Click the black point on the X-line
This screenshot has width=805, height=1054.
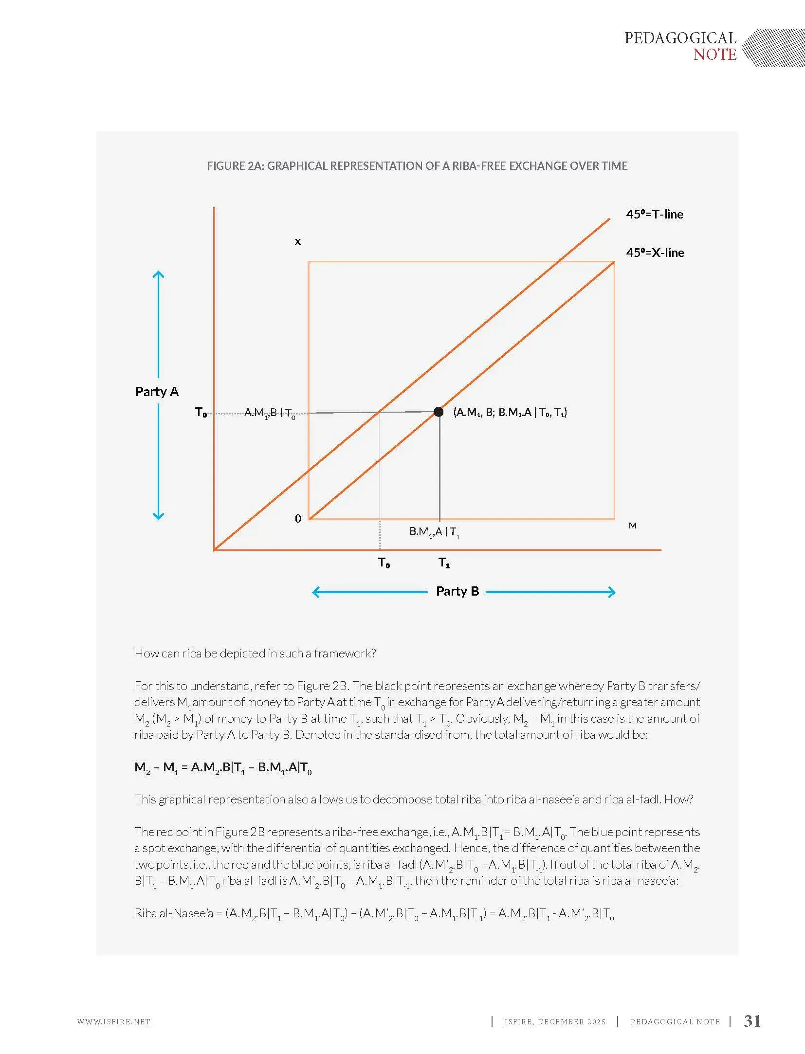pyautogui.click(x=438, y=412)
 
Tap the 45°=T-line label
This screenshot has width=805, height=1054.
pyautogui.click(x=654, y=214)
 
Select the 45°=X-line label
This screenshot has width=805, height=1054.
pyautogui.click(x=655, y=253)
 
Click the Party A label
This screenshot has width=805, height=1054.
pyautogui.click(x=157, y=392)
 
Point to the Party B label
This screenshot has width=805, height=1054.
pyautogui.click(x=457, y=591)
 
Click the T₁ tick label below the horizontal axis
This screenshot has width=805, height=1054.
pyautogui.click(x=444, y=563)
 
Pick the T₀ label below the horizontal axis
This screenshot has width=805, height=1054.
pyautogui.click(x=384, y=563)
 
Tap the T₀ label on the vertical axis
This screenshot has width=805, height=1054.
pyautogui.click(x=201, y=413)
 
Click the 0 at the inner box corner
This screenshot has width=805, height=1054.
pyautogui.click(x=298, y=519)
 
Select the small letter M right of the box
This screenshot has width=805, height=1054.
pyautogui.click(x=632, y=526)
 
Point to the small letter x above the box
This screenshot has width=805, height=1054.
pyautogui.click(x=298, y=241)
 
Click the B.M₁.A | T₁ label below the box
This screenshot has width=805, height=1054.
pyautogui.click(x=434, y=532)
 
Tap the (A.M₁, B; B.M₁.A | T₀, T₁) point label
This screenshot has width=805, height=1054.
pyautogui.click(x=510, y=413)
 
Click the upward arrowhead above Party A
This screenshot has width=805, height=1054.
pyautogui.click(x=158, y=273)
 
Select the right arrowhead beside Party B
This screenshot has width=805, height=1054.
pyautogui.click(x=612, y=592)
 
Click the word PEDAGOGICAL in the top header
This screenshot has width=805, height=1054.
pyautogui.click(x=680, y=38)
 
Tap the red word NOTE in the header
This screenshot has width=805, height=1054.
pyautogui.click(x=714, y=55)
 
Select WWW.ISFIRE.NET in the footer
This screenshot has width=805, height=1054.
pyautogui.click(x=113, y=1021)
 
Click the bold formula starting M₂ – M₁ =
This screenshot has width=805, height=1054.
pyautogui.click(x=223, y=768)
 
